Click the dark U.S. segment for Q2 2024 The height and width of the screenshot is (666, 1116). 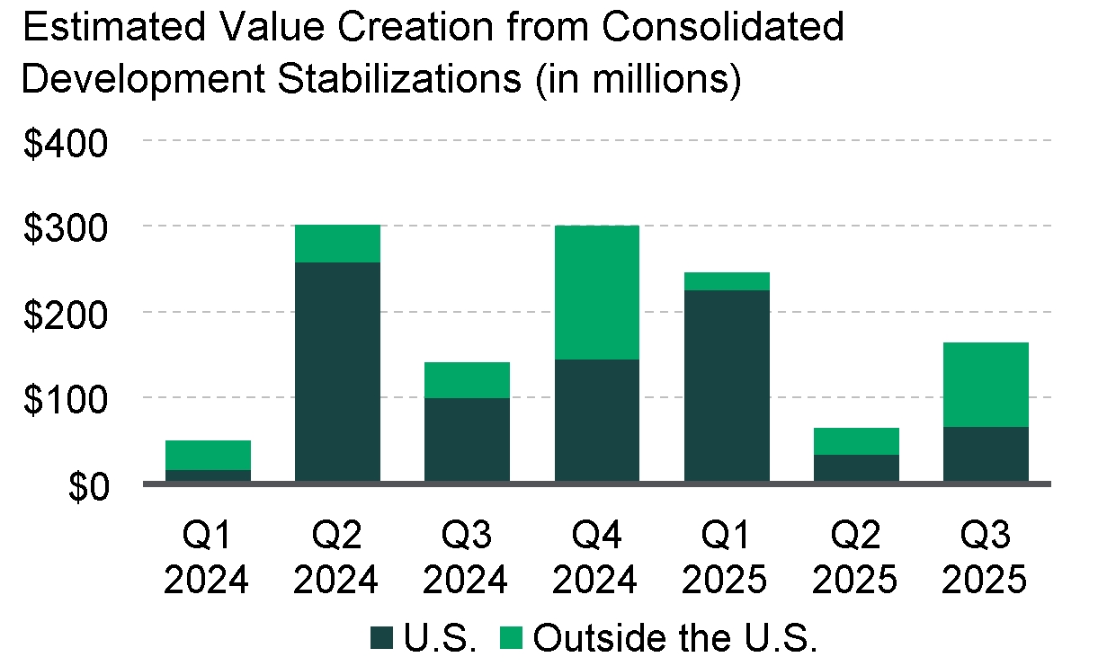pyautogui.click(x=337, y=372)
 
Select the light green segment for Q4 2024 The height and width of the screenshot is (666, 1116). pyautogui.click(x=597, y=292)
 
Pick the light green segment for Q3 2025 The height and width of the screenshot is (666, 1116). pyautogui.click(x=986, y=385)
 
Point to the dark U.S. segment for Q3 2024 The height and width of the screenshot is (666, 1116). pyautogui.click(x=467, y=440)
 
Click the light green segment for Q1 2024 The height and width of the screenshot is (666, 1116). pyautogui.click(x=208, y=455)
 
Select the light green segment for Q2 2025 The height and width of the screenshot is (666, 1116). pyautogui.click(x=856, y=441)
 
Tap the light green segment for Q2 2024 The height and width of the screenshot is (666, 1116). pyautogui.click(x=337, y=244)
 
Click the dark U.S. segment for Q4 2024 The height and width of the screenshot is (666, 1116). pyautogui.click(x=597, y=421)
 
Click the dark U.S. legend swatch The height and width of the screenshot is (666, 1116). pyautogui.click(x=382, y=638)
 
